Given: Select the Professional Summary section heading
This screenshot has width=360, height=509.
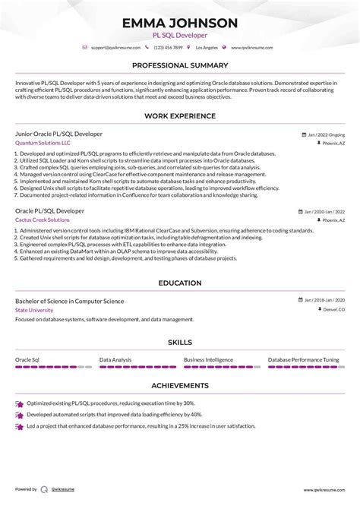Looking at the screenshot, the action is tap(179, 65).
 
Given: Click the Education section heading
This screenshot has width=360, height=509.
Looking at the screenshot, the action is tap(179, 283).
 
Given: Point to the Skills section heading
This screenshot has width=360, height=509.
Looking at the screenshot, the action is tap(179, 342).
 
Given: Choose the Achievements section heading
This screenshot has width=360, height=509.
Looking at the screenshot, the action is tap(179, 385).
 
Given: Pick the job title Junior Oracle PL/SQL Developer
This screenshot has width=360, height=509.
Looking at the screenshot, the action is tap(59, 133).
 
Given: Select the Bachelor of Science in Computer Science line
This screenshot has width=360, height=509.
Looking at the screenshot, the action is tap(69, 301).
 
